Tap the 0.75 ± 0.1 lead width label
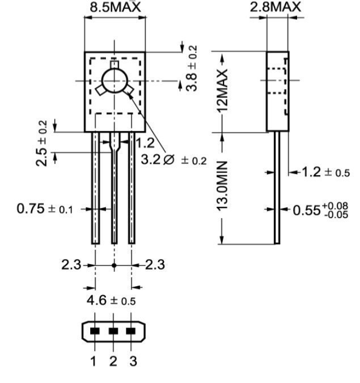click(x=45, y=208)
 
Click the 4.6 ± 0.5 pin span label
click(x=111, y=300)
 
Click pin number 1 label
click(x=94, y=361)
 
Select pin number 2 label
click(x=113, y=361)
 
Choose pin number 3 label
click(x=133, y=361)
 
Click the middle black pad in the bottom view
click(x=113, y=331)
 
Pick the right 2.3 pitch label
click(x=155, y=264)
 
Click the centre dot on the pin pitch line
click(x=114, y=265)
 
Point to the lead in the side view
click(x=277, y=187)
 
